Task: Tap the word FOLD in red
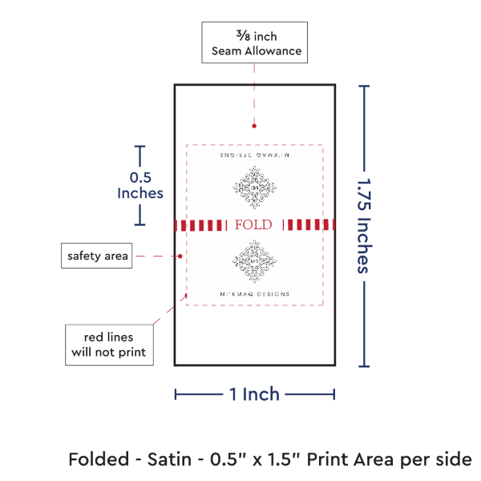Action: tap(253, 224)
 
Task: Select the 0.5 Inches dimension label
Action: tap(140, 185)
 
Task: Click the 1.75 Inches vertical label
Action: tap(363, 225)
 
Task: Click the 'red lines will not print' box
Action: tap(109, 343)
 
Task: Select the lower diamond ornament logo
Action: tap(254, 261)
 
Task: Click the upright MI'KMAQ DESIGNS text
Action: tap(254, 294)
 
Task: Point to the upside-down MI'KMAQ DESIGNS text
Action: tap(254, 152)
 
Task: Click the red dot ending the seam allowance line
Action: tap(254, 126)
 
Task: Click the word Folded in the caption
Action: tap(96, 459)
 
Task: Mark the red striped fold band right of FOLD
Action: tap(309, 224)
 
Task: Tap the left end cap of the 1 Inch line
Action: tap(176, 394)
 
